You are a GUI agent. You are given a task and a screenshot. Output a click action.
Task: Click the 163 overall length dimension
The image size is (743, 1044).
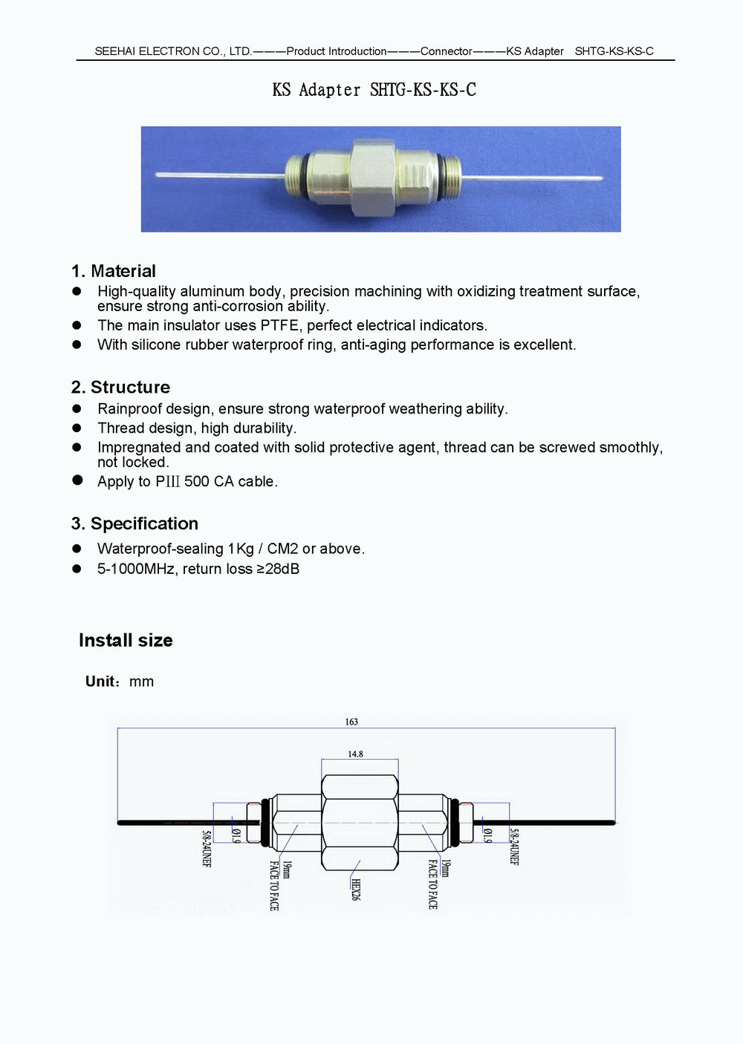351,722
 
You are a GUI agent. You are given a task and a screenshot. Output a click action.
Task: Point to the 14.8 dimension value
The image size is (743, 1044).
355,754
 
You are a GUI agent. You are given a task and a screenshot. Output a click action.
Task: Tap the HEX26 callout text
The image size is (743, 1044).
355,890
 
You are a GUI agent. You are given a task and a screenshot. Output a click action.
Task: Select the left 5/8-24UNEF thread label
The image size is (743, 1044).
207,849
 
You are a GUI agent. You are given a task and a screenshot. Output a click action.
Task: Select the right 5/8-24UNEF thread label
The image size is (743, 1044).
514,847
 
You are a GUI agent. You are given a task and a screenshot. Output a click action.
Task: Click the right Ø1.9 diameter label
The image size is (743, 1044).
487,835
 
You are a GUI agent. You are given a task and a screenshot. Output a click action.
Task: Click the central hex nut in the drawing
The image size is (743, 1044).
360,823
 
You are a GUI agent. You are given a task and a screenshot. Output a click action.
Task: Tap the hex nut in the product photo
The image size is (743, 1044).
373,178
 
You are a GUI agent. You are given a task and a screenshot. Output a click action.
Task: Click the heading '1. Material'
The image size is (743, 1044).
114,271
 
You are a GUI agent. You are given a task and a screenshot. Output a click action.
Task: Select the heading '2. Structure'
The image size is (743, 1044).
120,387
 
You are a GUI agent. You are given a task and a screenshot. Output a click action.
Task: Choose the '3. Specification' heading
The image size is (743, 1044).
134,523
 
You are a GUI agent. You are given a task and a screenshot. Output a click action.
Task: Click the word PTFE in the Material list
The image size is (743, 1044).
279,325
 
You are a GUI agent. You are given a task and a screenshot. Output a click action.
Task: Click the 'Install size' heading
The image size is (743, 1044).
126,640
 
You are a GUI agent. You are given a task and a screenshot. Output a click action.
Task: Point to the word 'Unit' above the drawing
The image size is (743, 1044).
100,682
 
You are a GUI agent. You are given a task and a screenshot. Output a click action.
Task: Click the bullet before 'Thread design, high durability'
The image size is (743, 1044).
77,428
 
